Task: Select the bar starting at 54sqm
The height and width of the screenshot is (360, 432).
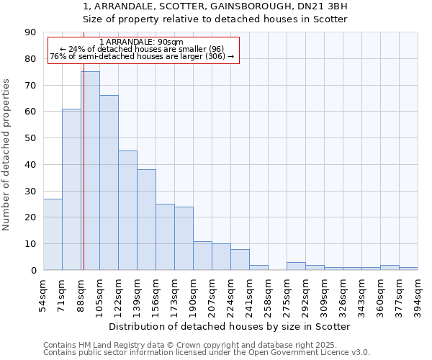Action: click(x=53, y=234)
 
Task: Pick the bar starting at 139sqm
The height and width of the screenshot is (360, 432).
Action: click(x=146, y=220)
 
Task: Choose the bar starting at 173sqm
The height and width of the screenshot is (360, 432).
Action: click(x=184, y=238)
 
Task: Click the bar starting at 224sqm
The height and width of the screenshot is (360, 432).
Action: click(x=240, y=259)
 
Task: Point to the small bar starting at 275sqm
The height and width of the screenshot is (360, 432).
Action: click(x=296, y=266)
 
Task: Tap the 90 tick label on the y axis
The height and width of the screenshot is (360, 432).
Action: click(x=30, y=32)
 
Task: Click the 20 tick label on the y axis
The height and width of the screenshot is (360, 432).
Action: click(x=30, y=217)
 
